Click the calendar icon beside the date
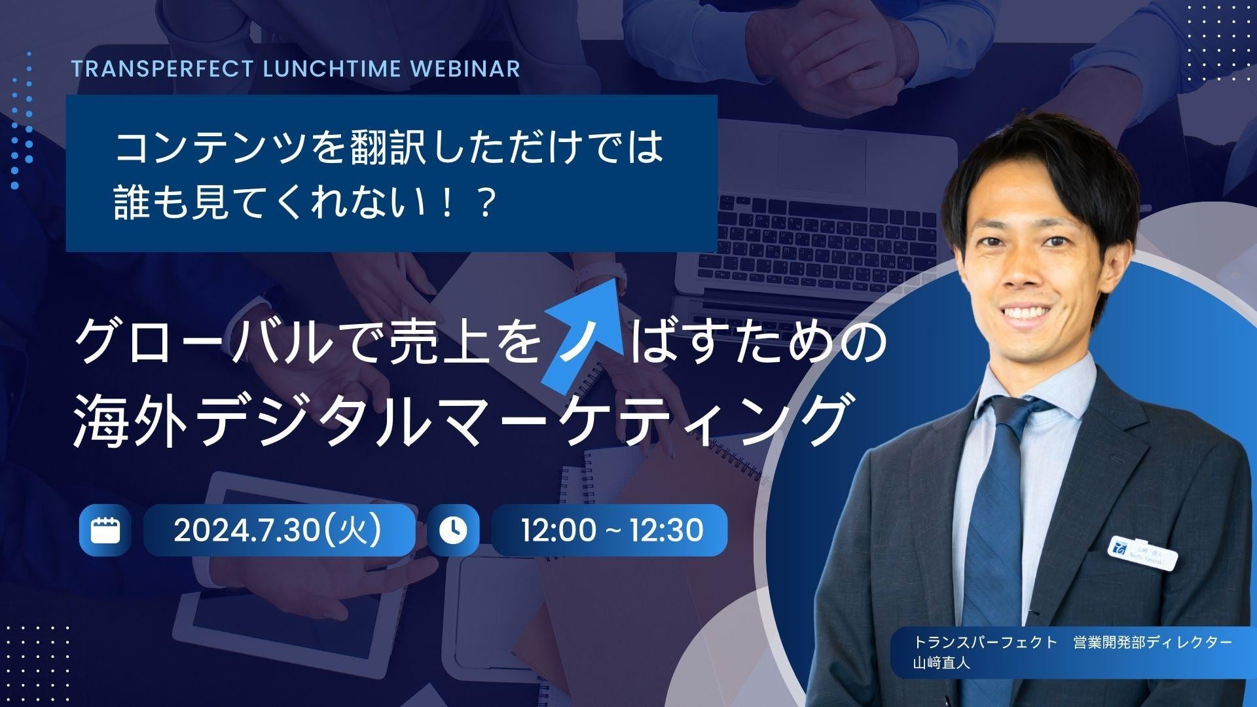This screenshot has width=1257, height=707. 105,530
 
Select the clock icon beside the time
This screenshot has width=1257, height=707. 453,530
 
